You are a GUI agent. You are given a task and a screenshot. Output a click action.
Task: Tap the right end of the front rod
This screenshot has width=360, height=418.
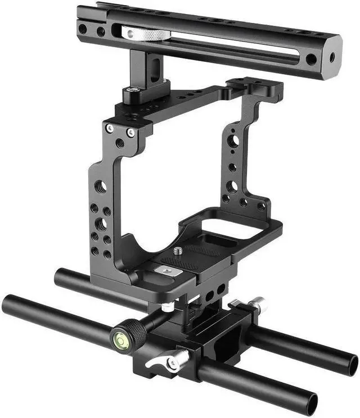coord(312,402)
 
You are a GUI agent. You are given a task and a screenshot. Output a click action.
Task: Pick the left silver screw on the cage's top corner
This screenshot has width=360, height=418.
coord(111,128)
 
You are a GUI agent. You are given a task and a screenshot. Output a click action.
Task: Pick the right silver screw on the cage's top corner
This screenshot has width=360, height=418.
coord(130,133)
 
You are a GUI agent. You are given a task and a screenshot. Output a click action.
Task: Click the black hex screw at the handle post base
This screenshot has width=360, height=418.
coord(136,90)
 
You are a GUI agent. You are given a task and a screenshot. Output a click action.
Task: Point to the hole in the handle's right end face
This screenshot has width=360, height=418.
coord(331,57)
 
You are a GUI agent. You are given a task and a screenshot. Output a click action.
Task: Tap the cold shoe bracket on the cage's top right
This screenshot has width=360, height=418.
coord(255,89)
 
